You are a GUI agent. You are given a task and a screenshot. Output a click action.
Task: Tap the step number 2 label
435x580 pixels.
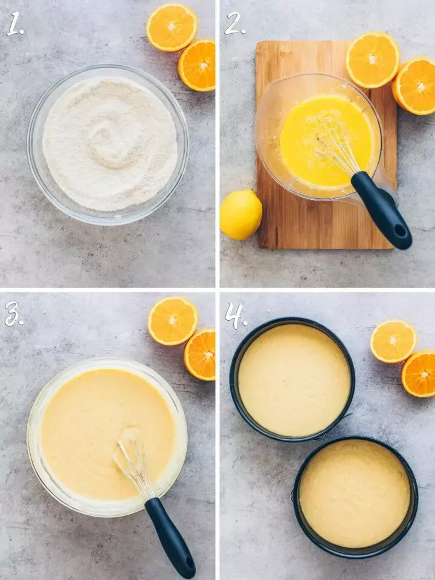(x=234, y=24)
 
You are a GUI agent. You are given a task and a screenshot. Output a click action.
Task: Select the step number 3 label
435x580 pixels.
(x=13, y=314)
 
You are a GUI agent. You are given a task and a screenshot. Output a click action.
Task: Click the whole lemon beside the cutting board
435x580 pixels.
(x=240, y=214)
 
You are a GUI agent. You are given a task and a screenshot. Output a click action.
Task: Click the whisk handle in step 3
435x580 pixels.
(x=170, y=537)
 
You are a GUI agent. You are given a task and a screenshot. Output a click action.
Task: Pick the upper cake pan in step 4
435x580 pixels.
(x=292, y=379)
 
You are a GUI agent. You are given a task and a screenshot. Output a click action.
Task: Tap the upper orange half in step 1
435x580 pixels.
(x=172, y=27)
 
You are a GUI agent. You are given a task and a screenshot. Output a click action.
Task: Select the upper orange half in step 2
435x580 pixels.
(x=373, y=59)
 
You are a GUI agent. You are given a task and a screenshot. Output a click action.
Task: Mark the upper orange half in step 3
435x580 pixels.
(x=173, y=321)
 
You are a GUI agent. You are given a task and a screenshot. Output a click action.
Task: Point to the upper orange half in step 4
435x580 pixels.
(x=393, y=341)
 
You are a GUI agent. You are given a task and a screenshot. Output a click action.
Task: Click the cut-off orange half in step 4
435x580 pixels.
(x=420, y=374)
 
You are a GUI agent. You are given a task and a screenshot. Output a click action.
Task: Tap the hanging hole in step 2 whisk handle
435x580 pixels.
(x=400, y=230)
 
